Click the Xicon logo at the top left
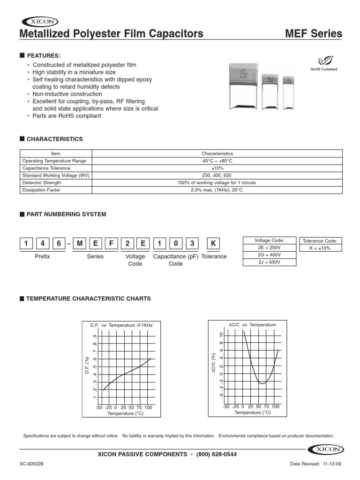(40, 21)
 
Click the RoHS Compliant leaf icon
(324, 60)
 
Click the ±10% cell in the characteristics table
(217, 168)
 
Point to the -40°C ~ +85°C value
(217, 161)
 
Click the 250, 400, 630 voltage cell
(217, 175)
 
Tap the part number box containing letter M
(81, 244)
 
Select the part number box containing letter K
(213, 244)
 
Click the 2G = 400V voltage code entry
(269, 255)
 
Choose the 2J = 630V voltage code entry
(269, 262)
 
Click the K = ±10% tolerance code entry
(320, 248)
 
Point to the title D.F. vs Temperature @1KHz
(121, 324)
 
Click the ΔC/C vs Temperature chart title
(252, 324)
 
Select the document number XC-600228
(32, 464)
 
